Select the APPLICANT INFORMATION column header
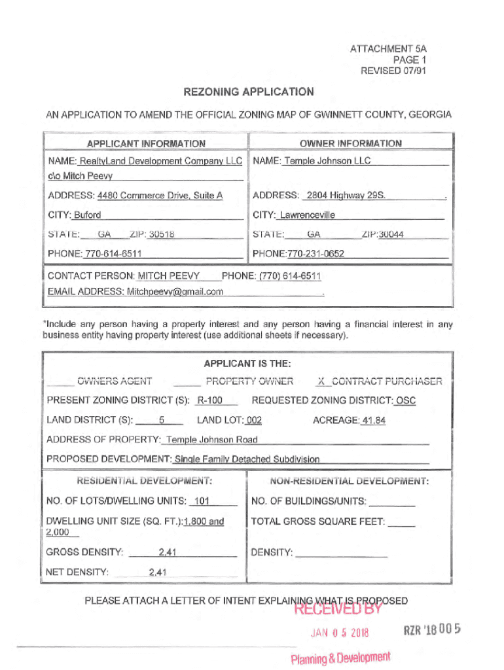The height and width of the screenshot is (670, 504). tap(146, 143)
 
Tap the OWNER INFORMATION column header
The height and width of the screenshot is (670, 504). tap(351, 143)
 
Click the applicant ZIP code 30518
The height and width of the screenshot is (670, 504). tap(162, 234)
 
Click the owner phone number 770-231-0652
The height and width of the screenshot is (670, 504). tap(315, 254)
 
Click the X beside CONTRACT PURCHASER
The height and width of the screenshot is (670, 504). tap(321, 381)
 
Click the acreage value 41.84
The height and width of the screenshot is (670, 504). tap(374, 421)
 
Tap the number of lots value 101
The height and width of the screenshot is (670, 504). tap(202, 502)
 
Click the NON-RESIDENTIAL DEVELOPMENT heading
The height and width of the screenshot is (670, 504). tap(350, 482)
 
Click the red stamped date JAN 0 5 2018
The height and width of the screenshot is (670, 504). tap(340, 633)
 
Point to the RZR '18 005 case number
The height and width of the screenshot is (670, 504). tap(433, 629)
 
